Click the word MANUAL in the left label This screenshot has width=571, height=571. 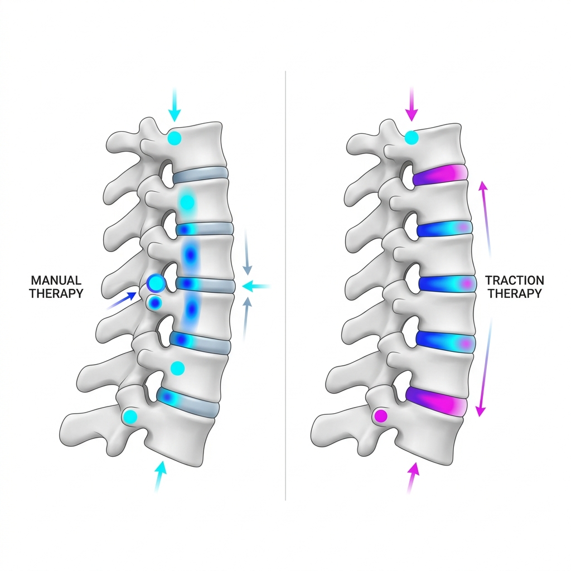(x=56, y=280)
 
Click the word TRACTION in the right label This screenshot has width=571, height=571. (x=514, y=280)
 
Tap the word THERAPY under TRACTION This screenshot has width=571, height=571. (x=515, y=293)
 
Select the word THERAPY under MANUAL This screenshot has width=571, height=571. (x=56, y=293)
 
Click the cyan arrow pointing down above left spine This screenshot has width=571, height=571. (x=175, y=104)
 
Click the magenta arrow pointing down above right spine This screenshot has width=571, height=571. (x=412, y=104)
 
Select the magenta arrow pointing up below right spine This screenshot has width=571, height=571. (x=412, y=478)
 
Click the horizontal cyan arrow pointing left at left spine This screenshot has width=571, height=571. (x=256, y=287)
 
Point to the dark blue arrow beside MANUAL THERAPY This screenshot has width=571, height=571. (x=122, y=301)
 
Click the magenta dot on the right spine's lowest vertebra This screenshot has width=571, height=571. (x=381, y=416)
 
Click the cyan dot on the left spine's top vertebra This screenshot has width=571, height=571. (x=175, y=138)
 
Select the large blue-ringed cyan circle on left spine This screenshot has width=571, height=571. (x=156, y=283)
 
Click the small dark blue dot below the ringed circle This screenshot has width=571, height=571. (x=156, y=302)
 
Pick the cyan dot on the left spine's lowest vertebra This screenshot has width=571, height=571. (x=130, y=416)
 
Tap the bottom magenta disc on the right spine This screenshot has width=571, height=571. (x=436, y=402)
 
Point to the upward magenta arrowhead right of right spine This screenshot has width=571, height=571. (x=483, y=186)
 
